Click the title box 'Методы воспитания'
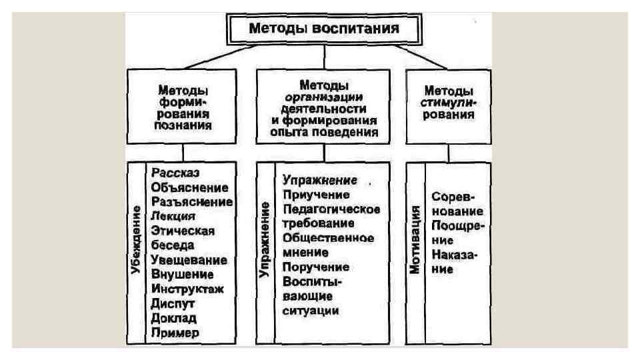324,29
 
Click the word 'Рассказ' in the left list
171,172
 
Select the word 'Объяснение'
190,187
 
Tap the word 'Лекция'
173,216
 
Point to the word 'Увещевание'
190,259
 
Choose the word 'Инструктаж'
188,289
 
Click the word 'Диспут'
171,303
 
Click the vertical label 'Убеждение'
137,240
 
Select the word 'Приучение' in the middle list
316,195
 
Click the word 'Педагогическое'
331,209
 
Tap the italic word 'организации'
323,97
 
